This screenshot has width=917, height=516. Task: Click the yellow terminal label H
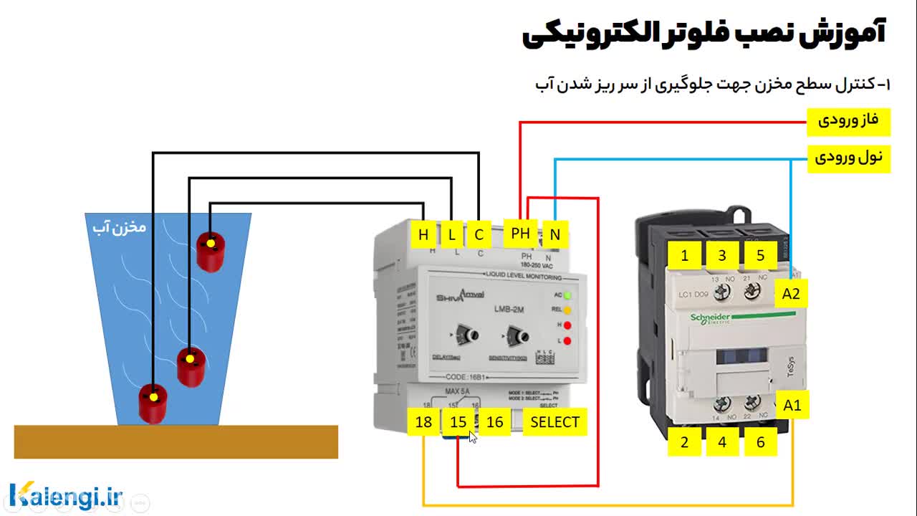[423, 234]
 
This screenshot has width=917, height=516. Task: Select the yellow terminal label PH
[521, 234]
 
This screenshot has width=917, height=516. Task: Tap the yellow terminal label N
[554, 234]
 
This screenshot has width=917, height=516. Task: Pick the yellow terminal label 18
[423, 421]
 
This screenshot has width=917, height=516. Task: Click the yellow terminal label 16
[494, 421]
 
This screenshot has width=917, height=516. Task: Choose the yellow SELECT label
[554, 422]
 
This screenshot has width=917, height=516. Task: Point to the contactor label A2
[791, 293]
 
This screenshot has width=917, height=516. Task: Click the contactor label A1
[792, 406]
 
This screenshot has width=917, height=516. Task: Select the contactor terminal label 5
[761, 255]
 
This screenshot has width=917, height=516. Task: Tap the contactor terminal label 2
[684, 442]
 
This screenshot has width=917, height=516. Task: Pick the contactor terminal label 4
[722, 442]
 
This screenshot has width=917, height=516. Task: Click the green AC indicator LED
[567, 295]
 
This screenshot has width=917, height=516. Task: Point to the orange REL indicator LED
[567, 310]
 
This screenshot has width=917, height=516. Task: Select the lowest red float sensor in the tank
[153, 403]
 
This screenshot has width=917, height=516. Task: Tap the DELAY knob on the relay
[469, 335]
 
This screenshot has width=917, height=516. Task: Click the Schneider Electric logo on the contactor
[710, 318]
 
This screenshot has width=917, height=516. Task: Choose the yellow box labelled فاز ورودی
[848, 121]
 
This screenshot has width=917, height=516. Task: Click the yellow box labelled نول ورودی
[848, 157]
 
